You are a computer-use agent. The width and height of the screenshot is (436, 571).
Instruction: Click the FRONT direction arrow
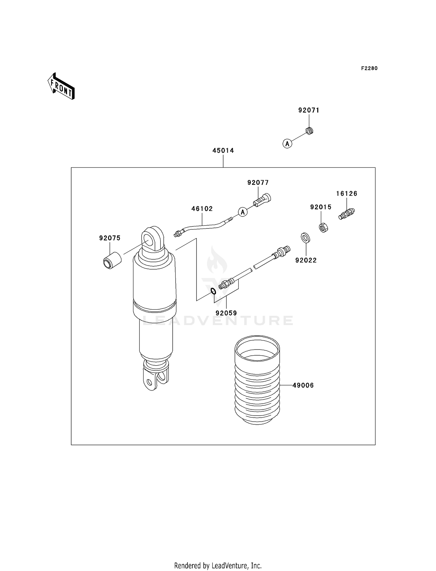tap(61, 86)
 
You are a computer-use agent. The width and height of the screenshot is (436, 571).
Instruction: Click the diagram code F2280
tap(369, 68)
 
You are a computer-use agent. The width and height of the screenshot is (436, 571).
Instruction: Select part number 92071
tap(309, 110)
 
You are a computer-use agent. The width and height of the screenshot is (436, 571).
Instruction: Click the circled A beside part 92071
tap(287, 143)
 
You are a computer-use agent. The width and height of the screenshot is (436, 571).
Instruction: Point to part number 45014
tap(223, 151)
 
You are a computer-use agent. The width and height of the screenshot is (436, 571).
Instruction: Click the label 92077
tap(258, 183)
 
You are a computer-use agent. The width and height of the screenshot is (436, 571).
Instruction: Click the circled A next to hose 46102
tap(243, 212)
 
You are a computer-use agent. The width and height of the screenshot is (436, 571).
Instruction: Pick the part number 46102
tap(202, 209)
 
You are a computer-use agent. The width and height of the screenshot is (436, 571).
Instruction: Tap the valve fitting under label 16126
tap(346, 214)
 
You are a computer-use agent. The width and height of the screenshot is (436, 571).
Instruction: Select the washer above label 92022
tap(305, 238)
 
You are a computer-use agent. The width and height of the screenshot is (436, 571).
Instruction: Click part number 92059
tap(226, 313)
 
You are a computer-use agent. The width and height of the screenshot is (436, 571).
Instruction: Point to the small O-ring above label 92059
tap(213, 291)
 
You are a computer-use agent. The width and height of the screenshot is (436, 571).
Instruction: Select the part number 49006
tap(303, 385)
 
